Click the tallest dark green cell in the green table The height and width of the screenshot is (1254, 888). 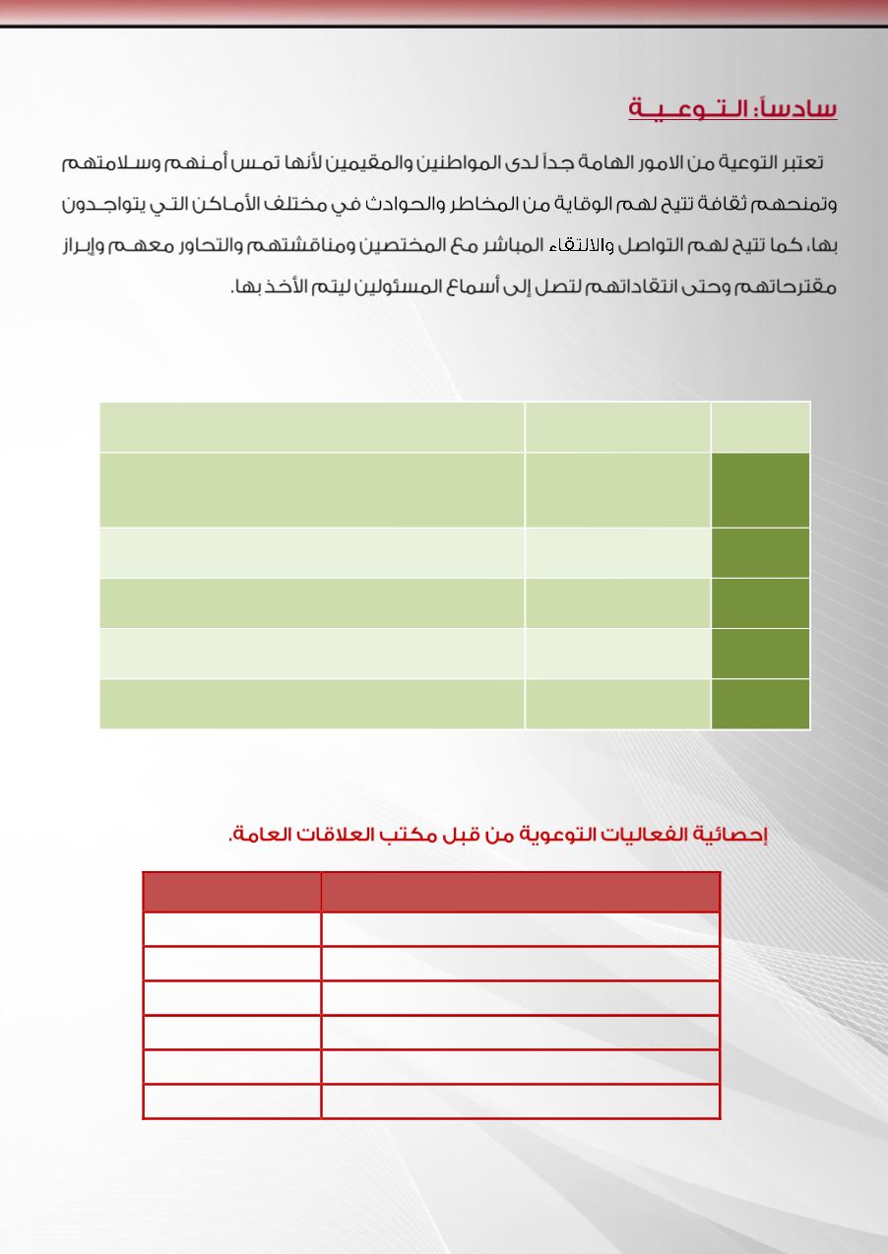[761, 490]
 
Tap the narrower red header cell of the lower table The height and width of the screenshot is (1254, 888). [232, 892]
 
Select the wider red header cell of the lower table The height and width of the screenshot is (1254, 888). [521, 892]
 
